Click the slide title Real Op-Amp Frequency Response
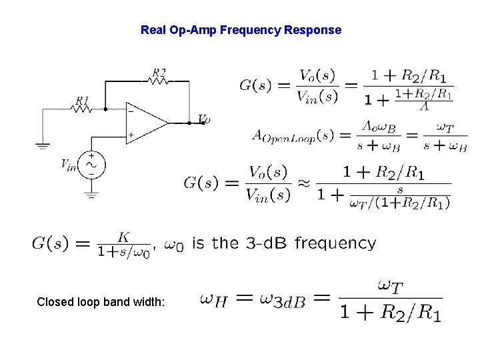[241, 30]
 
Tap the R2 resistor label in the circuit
[159, 72]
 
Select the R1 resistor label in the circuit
[82, 100]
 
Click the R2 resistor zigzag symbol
[159, 81]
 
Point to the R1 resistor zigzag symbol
[81, 109]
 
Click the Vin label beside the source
[69, 163]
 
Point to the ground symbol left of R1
[43, 143]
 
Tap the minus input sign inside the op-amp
[131, 111]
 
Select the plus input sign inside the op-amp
[131, 135]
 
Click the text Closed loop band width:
[105, 302]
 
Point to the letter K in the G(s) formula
[123, 237]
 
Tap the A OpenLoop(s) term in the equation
[293, 135]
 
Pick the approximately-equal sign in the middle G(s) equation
[303, 183]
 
